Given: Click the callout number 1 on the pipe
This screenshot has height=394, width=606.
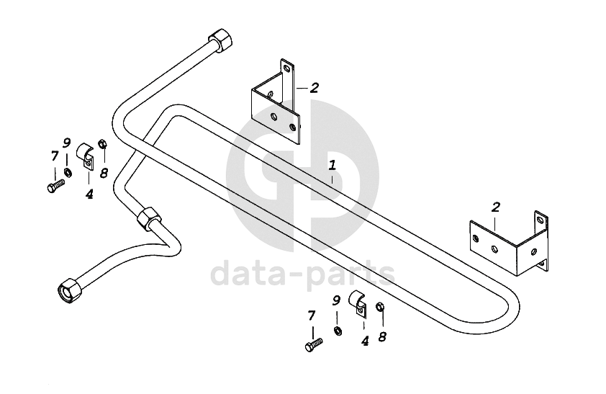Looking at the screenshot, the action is pyautogui.click(x=332, y=165).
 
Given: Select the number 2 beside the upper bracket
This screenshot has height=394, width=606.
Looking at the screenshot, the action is pyautogui.click(x=314, y=88).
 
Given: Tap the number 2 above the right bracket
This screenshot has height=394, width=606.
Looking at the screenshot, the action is pyautogui.click(x=496, y=208).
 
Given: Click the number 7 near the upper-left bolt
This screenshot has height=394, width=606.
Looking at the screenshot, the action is pyautogui.click(x=55, y=156).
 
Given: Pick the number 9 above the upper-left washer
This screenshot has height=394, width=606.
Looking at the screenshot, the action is pyautogui.click(x=67, y=143).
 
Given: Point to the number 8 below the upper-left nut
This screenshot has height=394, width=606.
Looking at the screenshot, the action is pyautogui.click(x=104, y=173).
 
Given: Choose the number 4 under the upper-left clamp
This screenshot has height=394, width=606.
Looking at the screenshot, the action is pyautogui.click(x=89, y=194).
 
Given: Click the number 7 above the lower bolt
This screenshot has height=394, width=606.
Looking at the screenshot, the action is pyautogui.click(x=312, y=315).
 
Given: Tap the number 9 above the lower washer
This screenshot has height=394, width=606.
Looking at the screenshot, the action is pyautogui.click(x=336, y=300).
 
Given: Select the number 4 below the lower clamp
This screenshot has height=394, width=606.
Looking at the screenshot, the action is pyautogui.click(x=365, y=341).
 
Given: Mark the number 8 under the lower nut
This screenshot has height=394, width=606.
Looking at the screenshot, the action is pyautogui.click(x=382, y=336).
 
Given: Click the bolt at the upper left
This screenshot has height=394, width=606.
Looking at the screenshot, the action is pyautogui.click(x=55, y=186).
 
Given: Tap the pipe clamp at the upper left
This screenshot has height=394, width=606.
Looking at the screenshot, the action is pyautogui.click(x=85, y=156).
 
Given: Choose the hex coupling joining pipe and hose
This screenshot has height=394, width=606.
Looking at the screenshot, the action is pyautogui.click(x=149, y=216).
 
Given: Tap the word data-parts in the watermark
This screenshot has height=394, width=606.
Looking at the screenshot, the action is pyautogui.click(x=302, y=274).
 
